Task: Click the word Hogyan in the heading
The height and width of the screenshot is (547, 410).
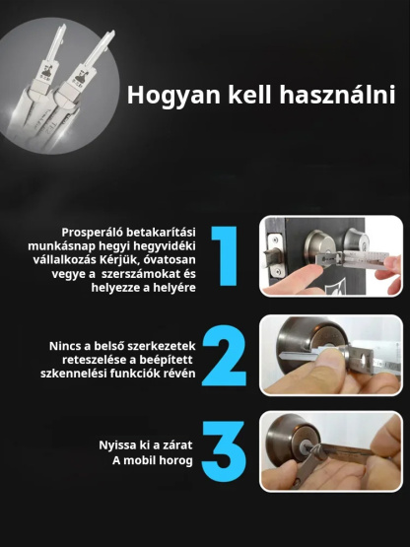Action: (x=173, y=96)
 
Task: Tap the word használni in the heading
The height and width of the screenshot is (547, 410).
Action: (x=337, y=94)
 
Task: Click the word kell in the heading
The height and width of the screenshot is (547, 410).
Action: (x=249, y=94)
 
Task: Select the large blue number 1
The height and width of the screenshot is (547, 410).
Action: (x=225, y=256)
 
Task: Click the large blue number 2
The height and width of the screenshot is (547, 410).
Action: (x=225, y=356)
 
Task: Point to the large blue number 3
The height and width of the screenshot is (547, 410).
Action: (x=225, y=451)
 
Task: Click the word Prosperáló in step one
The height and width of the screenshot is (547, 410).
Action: (x=92, y=233)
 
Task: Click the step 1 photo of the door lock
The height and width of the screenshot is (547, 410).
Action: (x=331, y=256)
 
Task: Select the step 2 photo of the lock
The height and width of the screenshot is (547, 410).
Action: (x=331, y=356)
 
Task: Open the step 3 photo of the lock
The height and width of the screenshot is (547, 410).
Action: (x=331, y=451)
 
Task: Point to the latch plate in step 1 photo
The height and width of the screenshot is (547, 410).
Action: (x=274, y=255)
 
